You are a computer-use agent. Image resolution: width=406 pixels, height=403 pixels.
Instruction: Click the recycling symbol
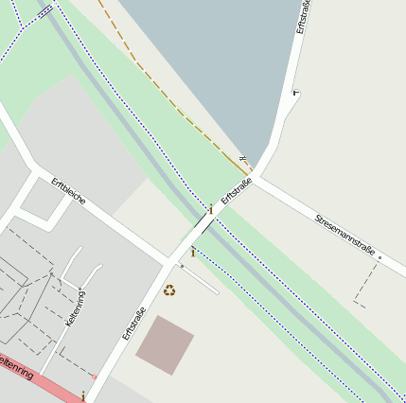pos(169,290)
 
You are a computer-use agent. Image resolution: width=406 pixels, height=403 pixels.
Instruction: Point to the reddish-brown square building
pos(165,344)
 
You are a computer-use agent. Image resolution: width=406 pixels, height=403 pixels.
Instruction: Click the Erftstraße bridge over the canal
pos(204,225)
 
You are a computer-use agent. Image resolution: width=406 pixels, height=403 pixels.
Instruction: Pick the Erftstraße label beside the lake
pos(302,18)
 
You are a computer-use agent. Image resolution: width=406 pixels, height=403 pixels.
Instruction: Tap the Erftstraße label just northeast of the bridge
pos(237,191)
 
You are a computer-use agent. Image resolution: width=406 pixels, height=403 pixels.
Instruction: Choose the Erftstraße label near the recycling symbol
pos(134,323)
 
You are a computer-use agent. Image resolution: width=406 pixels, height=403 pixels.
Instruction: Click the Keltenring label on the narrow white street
pos(75,308)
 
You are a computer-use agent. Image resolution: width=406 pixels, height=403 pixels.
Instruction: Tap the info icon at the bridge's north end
pos(210,209)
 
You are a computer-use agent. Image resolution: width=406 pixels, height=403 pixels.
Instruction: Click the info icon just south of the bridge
pos(192,253)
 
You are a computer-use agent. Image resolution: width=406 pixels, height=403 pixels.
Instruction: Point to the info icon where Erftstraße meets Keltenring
pos(83,394)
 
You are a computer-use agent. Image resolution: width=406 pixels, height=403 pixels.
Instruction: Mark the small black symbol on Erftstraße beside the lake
pos(295,92)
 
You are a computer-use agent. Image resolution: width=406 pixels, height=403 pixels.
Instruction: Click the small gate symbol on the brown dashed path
pos(243,159)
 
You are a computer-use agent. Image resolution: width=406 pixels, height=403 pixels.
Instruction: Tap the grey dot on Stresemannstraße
pos(380,256)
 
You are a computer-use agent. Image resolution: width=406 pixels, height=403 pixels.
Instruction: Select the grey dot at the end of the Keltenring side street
pos(82,289)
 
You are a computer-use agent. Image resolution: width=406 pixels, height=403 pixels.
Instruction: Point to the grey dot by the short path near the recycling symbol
pos(182,266)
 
